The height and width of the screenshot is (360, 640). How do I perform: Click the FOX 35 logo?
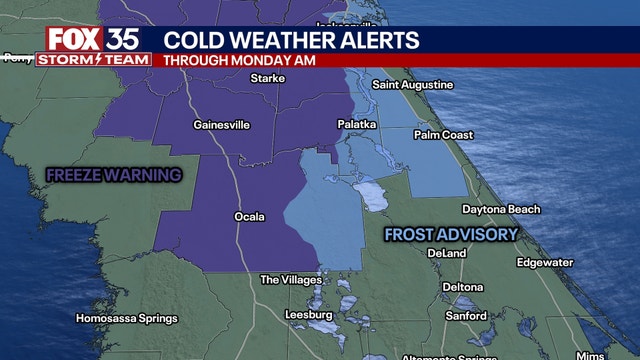pyautogui.click(x=93, y=40)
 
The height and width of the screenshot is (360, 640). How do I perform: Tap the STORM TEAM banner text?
pyautogui.click(x=93, y=60)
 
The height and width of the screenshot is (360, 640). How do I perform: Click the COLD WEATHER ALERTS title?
pyautogui.click(x=291, y=40)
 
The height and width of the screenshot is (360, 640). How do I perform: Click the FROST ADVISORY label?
pyautogui.click(x=452, y=234)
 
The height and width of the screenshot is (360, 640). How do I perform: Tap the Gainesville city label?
pyautogui.click(x=221, y=125)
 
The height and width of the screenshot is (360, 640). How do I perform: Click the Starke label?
pyautogui.click(x=268, y=78)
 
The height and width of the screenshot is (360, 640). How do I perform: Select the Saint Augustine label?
pyautogui.click(x=413, y=84)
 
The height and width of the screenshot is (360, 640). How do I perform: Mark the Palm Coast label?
pyautogui.click(x=442, y=133)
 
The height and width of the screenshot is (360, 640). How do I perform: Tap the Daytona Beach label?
pyautogui.click(x=500, y=209)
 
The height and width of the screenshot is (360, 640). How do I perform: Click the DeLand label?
pyautogui.click(x=446, y=253)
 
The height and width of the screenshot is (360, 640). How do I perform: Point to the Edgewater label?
pyautogui.click(x=545, y=262)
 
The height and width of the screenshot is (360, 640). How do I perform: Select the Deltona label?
pyautogui.click(x=462, y=287)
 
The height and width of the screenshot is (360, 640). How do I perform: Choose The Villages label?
pyautogui.click(x=289, y=280)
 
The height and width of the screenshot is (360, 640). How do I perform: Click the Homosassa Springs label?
pyautogui.click(x=126, y=319)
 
